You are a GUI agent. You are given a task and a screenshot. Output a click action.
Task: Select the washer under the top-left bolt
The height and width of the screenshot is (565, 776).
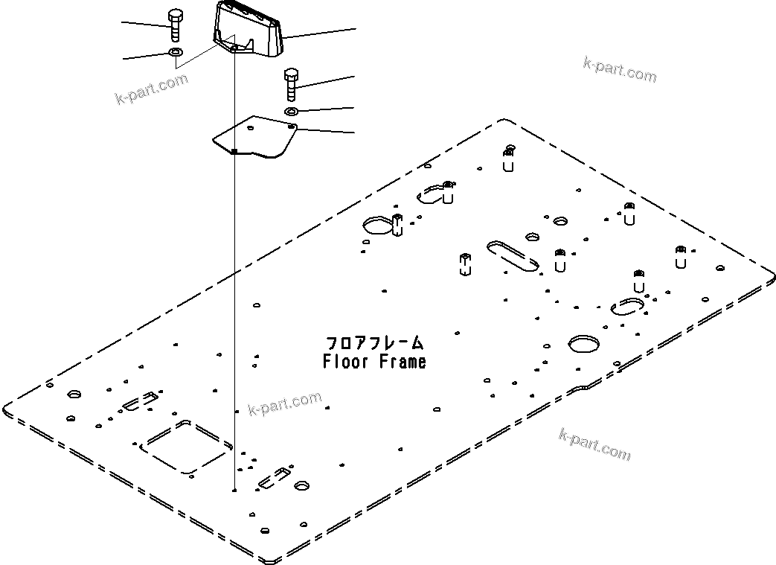click(176, 53)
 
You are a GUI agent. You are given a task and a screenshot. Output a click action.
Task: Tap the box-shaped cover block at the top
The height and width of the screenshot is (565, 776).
click(249, 31)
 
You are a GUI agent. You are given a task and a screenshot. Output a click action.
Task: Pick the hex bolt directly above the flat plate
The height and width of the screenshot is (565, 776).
click(291, 84)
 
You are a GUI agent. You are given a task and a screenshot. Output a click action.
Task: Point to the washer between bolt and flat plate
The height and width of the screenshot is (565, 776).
click(291, 111)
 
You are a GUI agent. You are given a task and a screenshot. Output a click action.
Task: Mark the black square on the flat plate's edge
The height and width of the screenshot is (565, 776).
click(234, 151)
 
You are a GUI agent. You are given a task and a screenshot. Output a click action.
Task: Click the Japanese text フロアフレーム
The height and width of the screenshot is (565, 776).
click(375, 343)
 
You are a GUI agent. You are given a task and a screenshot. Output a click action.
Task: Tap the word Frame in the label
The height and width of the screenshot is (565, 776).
click(401, 362)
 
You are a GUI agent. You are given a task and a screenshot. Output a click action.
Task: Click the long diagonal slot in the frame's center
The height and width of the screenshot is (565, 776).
click(513, 256)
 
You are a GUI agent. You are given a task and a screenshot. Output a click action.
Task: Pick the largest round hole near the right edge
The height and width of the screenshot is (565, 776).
click(583, 342)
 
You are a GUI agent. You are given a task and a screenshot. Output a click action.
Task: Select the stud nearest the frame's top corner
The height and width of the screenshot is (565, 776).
click(508, 159)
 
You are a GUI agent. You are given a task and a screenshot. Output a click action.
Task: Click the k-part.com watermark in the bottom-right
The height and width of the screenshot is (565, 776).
click(594, 444)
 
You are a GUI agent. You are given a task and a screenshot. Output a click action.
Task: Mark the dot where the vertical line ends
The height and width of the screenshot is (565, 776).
click(234, 491)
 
